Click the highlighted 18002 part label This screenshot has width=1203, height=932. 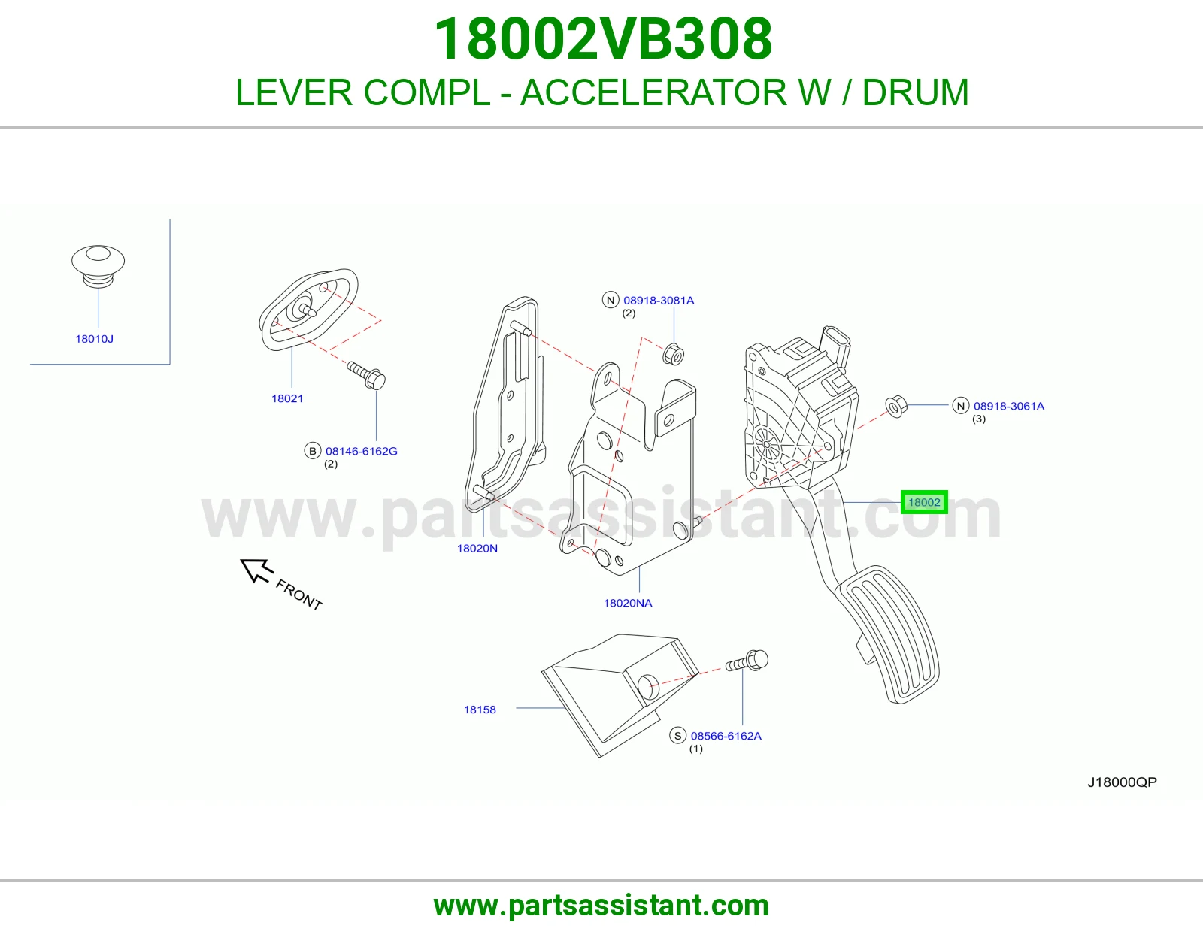[x=924, y=502]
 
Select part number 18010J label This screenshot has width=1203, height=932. [x=94, y=339]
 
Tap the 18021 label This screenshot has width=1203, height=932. [x=287, y=398]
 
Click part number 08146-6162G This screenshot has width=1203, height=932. [x=362, y=451]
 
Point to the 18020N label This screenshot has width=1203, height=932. [x=477, y=549]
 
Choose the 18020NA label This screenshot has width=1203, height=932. [x=628, y=604]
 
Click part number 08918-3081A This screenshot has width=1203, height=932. [x=659, y=301]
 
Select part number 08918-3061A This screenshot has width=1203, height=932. [x=1009, y=406]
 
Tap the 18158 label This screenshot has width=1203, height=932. [x=480, y=710]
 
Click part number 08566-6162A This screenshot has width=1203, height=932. [x=726, y=736]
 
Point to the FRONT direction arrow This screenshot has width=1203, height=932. [x=257, y=570]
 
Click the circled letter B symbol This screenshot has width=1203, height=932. [x=313, y=451]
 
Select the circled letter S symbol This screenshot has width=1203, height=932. [x=678, y=736]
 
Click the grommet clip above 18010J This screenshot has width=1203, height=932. [x=98, y=266]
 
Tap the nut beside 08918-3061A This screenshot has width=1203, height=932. [x=895, y=407]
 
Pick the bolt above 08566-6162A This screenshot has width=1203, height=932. [x=747, y=661]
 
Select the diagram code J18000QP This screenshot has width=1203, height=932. [x=1122, y=782]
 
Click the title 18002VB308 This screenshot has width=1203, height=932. [x=603, y=39]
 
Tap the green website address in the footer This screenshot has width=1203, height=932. [x=601, y=906]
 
